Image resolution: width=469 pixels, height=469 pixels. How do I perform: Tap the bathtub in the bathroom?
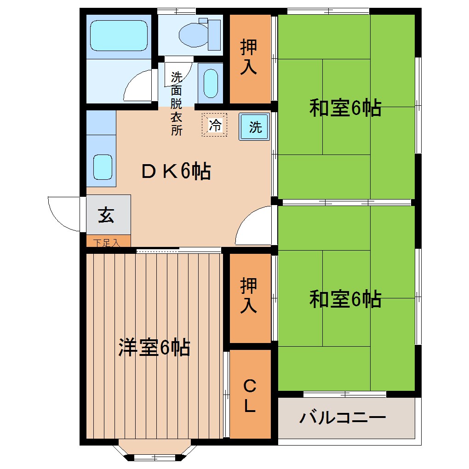[x=119, y=35]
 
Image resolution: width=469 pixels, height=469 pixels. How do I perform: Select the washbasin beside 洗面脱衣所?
[x=210, y=83]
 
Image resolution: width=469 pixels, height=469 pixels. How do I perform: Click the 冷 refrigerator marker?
[x=214, y=125]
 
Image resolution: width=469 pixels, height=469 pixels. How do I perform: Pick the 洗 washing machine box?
[x=254, y=127]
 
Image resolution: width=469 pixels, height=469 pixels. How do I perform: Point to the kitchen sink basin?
[x=103, y=167]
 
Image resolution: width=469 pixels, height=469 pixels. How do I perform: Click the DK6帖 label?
[x=176, y=172]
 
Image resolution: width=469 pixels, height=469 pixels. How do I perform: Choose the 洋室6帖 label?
[x=154, y=347]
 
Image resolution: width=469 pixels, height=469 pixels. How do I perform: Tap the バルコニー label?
[x=343, y=418]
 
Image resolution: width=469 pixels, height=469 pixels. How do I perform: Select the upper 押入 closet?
[x=249, y=57]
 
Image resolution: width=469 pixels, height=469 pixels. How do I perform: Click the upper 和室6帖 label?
[x=345, y=109]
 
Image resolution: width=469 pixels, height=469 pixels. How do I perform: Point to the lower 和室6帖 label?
[x=345, y=299]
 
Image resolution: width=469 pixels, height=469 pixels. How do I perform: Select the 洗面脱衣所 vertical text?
[x=176, y=104]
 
